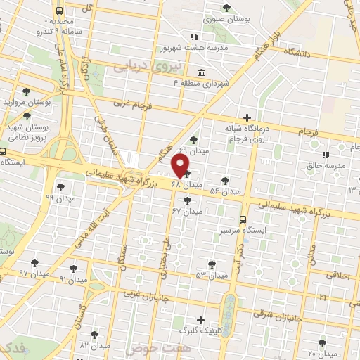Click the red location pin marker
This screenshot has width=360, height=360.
pyautogui.click(x=181, y=165)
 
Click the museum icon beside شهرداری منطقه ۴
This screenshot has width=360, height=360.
pyautogui.click(x=202, y=72)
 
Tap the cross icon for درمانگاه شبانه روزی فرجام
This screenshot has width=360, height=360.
pyautogui.click(x=246, y=117)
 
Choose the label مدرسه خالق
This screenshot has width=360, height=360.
pyautogui.click(x=324, y=166)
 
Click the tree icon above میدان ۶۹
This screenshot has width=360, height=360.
pyautogui.click(x=194, y=140)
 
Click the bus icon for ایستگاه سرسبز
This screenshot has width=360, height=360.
pyautogui.click(x=243, y=219)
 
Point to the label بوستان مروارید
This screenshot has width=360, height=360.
pyautogui.click(x=27, y=103)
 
